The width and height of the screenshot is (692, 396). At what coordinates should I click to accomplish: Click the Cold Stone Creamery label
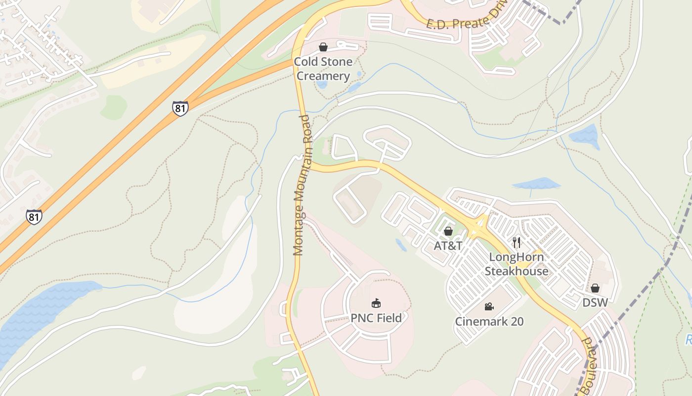[x=323, y=69]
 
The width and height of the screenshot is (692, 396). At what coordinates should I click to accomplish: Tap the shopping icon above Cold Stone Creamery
[x=323, y=47]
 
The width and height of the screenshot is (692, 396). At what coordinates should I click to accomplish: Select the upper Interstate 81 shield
[x=180, y=108]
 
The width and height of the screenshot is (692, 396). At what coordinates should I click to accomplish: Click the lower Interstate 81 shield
[x=34, y=217]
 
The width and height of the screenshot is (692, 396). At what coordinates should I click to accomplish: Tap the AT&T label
[x=448, y=246]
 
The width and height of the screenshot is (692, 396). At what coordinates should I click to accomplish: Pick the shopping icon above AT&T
[x=448, y=231]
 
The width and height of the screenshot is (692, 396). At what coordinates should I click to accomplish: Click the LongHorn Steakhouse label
[x=517, y=264]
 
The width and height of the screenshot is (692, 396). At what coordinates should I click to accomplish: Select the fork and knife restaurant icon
[x=517, y=242]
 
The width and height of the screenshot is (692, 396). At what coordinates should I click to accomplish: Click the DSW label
[x=595, y=302]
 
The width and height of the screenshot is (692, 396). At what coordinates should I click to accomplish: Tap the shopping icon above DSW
[x=595, y=288]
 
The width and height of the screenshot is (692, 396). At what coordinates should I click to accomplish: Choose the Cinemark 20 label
[x=489, y=321]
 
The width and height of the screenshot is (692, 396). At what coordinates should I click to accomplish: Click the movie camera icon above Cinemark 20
[x=489, y=307]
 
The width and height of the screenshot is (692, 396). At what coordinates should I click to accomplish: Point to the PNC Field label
[x=376, y=318]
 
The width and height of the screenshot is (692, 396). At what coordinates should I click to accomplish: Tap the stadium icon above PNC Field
[x=376, y=303]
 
